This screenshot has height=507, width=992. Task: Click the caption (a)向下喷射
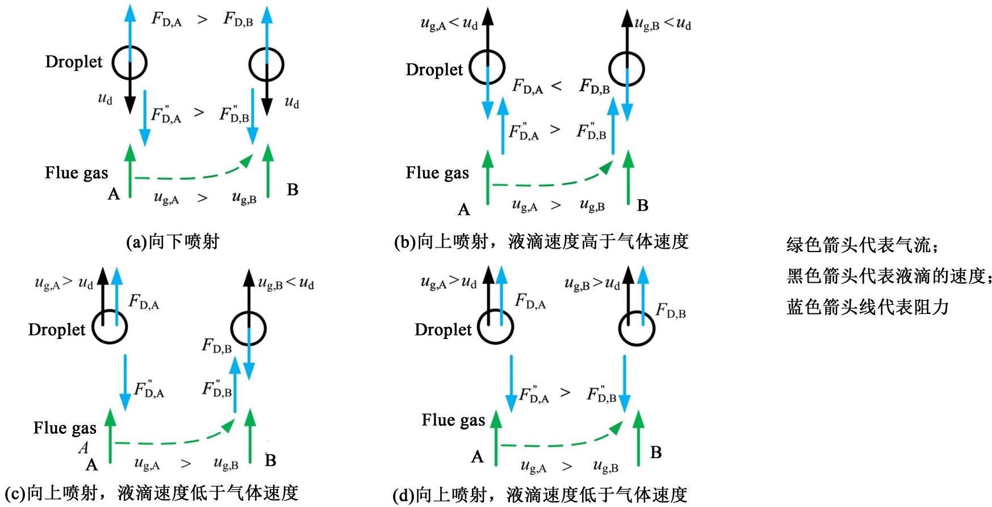(172, 242)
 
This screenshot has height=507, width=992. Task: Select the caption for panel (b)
(541, 242)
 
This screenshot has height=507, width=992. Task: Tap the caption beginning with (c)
(152, 493)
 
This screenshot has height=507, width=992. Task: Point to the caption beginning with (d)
(539, 495)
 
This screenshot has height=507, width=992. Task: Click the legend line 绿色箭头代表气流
(862, 245)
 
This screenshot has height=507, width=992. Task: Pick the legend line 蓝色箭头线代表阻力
(867, 307)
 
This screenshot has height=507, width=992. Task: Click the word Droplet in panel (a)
(74, 61)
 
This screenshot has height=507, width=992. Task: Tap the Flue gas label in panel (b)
(437, 173)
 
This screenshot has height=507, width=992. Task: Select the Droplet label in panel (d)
(443, 329)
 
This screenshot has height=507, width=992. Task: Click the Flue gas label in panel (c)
(65, 428)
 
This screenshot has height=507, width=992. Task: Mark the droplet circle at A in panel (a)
(129, 62)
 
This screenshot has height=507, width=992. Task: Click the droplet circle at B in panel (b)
(626, 69)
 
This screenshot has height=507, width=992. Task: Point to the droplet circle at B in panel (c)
(249, 328)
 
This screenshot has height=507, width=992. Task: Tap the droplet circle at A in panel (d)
(495, 327)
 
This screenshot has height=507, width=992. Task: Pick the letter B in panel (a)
(292, 190)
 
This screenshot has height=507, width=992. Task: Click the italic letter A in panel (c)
(83, 448)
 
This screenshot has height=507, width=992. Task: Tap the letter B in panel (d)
(656, 452)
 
